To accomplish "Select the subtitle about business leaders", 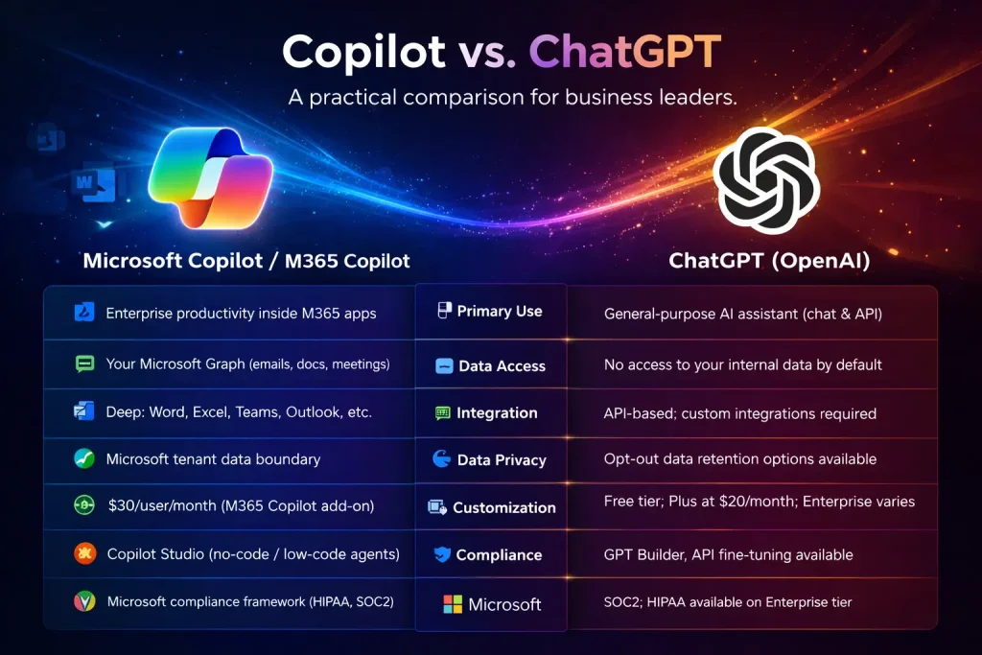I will [x=492, y=98].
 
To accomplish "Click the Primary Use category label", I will [x=499, y=311].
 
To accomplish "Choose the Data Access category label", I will [x=502, y=366].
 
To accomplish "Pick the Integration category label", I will [x=497, y=413].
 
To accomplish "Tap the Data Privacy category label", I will [x=502, y=460].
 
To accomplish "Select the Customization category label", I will [x=503, y=507].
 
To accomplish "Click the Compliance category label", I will [x=499, y=554].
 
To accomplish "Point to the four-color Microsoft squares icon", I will [x=453, y=604].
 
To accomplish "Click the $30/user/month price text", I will [x=240, y=505].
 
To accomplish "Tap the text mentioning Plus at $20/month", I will [x=760, y=502].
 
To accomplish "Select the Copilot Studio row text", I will [x=253, y=553].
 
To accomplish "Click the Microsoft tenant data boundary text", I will [x=213, y=459].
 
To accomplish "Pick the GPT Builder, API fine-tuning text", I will [x=728, y=554].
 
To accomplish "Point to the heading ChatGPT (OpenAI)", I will [x=769, y=260].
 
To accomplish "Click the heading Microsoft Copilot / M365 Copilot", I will [x=246, y=260].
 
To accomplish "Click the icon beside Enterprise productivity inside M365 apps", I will [x=83, y=313].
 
